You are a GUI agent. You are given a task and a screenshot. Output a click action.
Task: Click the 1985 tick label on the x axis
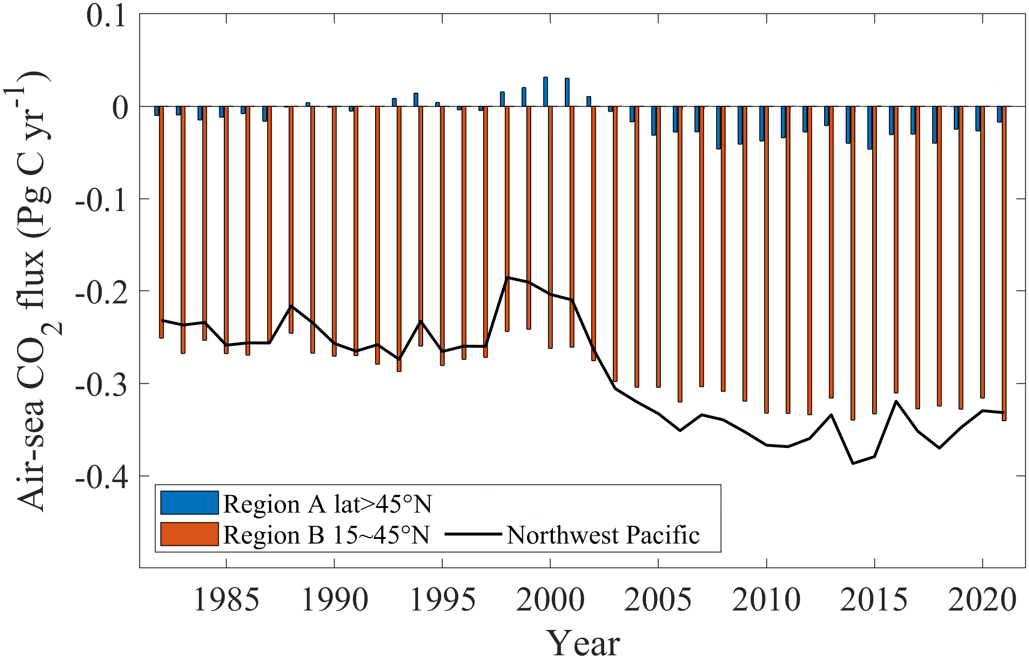point(226,600)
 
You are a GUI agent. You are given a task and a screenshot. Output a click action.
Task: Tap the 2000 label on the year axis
point(550,600)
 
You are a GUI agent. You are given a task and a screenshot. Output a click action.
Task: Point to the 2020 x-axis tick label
point(982,600)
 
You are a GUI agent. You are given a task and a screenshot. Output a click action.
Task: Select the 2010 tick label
point(766,600)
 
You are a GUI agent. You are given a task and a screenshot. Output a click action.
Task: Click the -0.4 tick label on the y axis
point(101,477)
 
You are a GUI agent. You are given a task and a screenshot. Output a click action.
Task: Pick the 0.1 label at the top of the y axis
point(106,16)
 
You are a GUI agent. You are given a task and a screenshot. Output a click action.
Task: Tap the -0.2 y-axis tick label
point(101,292)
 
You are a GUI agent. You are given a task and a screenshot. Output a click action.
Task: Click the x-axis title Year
point(582,642)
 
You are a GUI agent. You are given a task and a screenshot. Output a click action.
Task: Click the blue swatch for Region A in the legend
point(189,503)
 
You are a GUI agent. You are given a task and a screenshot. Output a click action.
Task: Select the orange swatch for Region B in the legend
point(189,534)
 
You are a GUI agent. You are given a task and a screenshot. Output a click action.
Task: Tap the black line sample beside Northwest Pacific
point(473,534)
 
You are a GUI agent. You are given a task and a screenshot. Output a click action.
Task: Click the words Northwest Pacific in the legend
point(603,535)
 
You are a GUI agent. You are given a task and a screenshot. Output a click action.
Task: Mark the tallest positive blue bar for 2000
point(545,91)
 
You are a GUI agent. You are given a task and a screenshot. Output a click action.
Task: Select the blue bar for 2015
point(870,127)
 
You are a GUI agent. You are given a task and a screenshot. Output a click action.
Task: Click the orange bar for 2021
point(1004,263)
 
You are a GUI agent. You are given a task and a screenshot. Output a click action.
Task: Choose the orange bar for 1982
point(162,222)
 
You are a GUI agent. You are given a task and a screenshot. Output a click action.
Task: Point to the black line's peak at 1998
point(507,277)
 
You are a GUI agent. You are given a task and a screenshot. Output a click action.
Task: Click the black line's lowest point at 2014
point(853,463)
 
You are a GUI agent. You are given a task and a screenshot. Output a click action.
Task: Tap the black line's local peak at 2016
point(896,401)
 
